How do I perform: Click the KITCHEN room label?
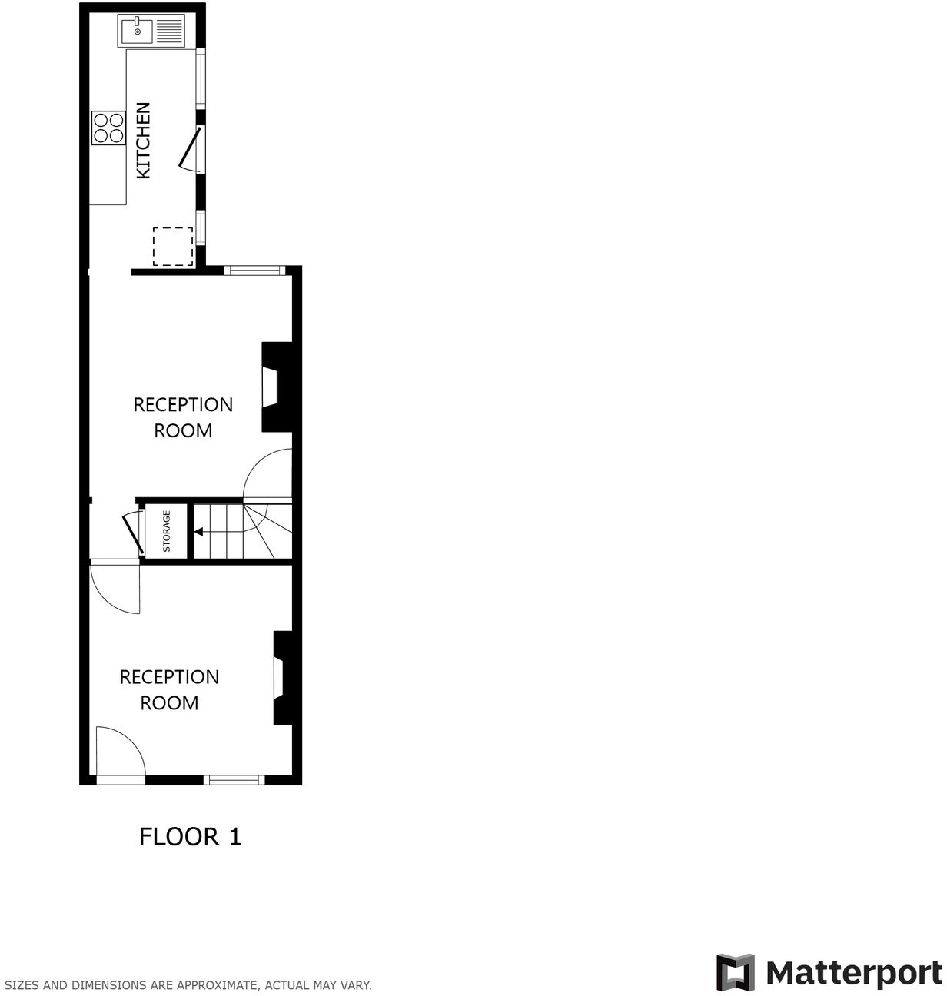pyautogui.click(x=143, y=141)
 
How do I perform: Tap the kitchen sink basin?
pyautogui.click(x=137, y=32)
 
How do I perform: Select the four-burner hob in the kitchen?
pyautogui.click(x=108, y=128)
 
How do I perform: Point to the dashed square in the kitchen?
pyautogui.click(x=173, y=247)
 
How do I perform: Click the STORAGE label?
pyautogui.click(x=166, y=532)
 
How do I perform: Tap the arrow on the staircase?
pyautogui.click(x=198, y=531)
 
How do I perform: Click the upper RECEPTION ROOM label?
pyautogui.click(x=183, y=417)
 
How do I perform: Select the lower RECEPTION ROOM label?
pyautogui.click(x=169, y=689)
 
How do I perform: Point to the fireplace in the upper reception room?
pyautogui.click(x=276, y=387)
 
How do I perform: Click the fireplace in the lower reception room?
pyautogui.click(x=283, y=678)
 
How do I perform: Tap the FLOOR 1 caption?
pyautogui.click(x=190, y=836)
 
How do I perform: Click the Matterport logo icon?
pyautogui.click(x=736, y=972)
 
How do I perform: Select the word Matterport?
pyautogui.click(x=853, y=973)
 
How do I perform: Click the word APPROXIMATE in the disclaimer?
pyautogui.click(x=218, y=984)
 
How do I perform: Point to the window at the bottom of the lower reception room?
pyautogui.click(x=234, y=780)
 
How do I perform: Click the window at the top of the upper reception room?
pyautogui.click(x=254, y=270)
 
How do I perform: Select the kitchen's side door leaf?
pyautogui.click(x=189, y=148)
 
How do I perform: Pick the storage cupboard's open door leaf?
pyautogui.click(x=132, y=533)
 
